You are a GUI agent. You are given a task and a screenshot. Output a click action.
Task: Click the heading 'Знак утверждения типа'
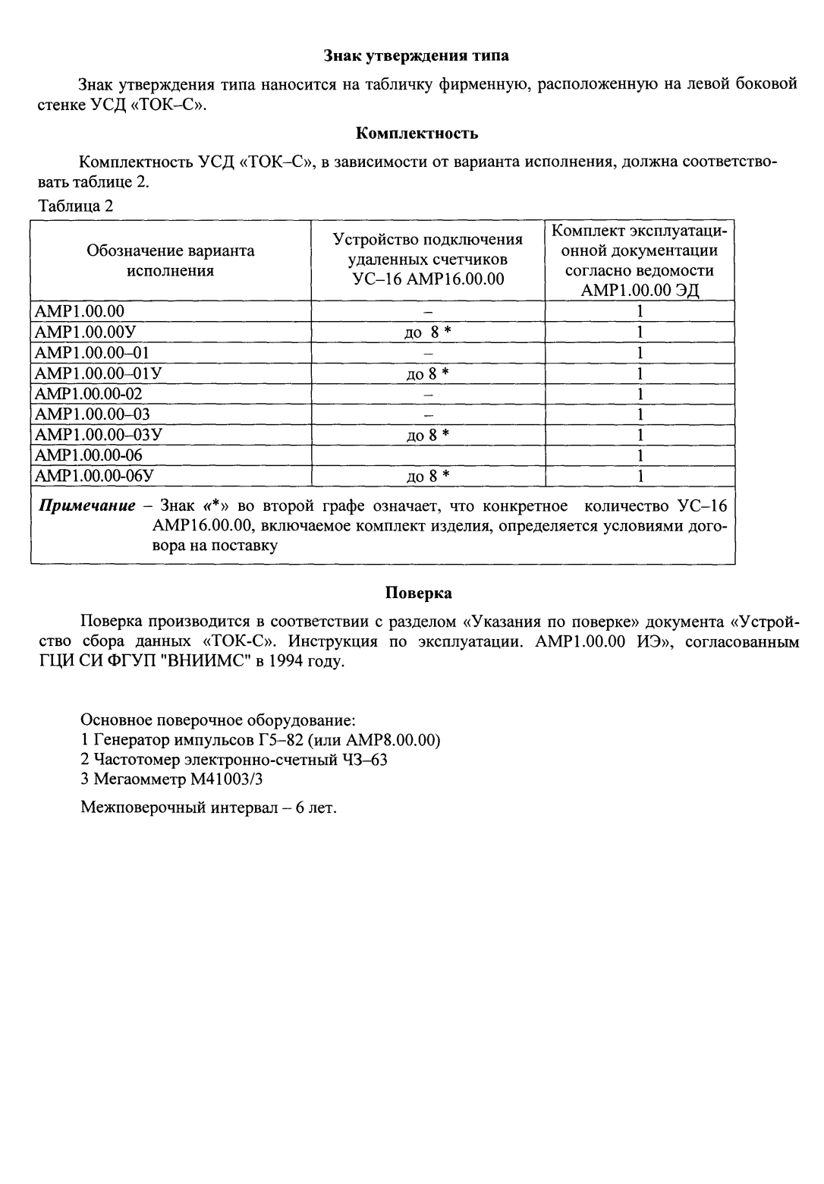point(417,55)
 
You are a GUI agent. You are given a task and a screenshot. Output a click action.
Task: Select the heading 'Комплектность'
point(417,134)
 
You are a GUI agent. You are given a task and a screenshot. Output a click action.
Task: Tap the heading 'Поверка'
point(418,592)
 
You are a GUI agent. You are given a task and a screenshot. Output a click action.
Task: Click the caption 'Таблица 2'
point(75,206)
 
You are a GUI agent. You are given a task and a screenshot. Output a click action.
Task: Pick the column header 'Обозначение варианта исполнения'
point(171,260)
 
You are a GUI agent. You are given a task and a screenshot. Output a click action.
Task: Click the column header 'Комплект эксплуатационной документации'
point(640,260)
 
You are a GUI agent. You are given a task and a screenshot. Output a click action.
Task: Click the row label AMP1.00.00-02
point(89,394)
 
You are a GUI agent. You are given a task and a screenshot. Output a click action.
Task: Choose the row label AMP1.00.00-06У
point(95,476)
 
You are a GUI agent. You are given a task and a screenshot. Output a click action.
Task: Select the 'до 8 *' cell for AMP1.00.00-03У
point(428,435)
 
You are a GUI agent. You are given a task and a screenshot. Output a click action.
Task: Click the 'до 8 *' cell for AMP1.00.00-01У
point(428,373)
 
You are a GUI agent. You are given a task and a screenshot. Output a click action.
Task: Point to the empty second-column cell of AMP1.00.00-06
point(428,455)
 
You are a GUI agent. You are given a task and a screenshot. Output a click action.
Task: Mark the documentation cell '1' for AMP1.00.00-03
point(640,414)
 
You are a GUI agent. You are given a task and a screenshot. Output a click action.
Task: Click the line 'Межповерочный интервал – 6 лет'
point(209,808)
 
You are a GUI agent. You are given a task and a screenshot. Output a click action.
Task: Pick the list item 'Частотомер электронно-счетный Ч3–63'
point(234,759)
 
